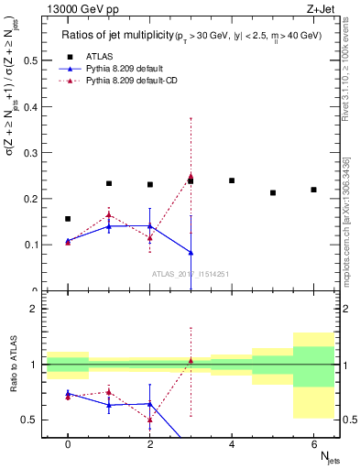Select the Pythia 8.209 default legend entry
[122, 69]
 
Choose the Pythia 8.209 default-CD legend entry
[129, 82]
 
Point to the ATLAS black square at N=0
[68, 219]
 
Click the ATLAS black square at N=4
[232, 180]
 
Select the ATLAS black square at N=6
[314, 190]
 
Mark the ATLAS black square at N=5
[273, 192]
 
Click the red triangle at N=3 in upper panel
[191, 176]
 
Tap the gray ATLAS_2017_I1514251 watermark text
[191, 273]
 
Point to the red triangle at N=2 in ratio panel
[150, 420]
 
